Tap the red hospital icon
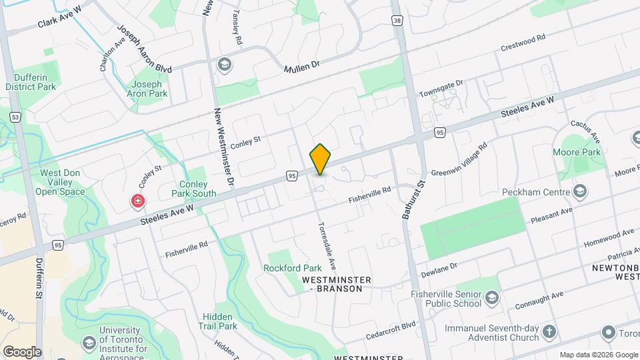(x=138, y=201)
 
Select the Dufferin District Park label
(x=31, y=81)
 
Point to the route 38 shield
(x=398, y=21)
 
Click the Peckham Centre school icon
(x=579, y=192)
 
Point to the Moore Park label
(x=577, y=152)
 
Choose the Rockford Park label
(x=288, y=268)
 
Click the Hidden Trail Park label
(x=217, y=321)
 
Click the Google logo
(x=22, y=351)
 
